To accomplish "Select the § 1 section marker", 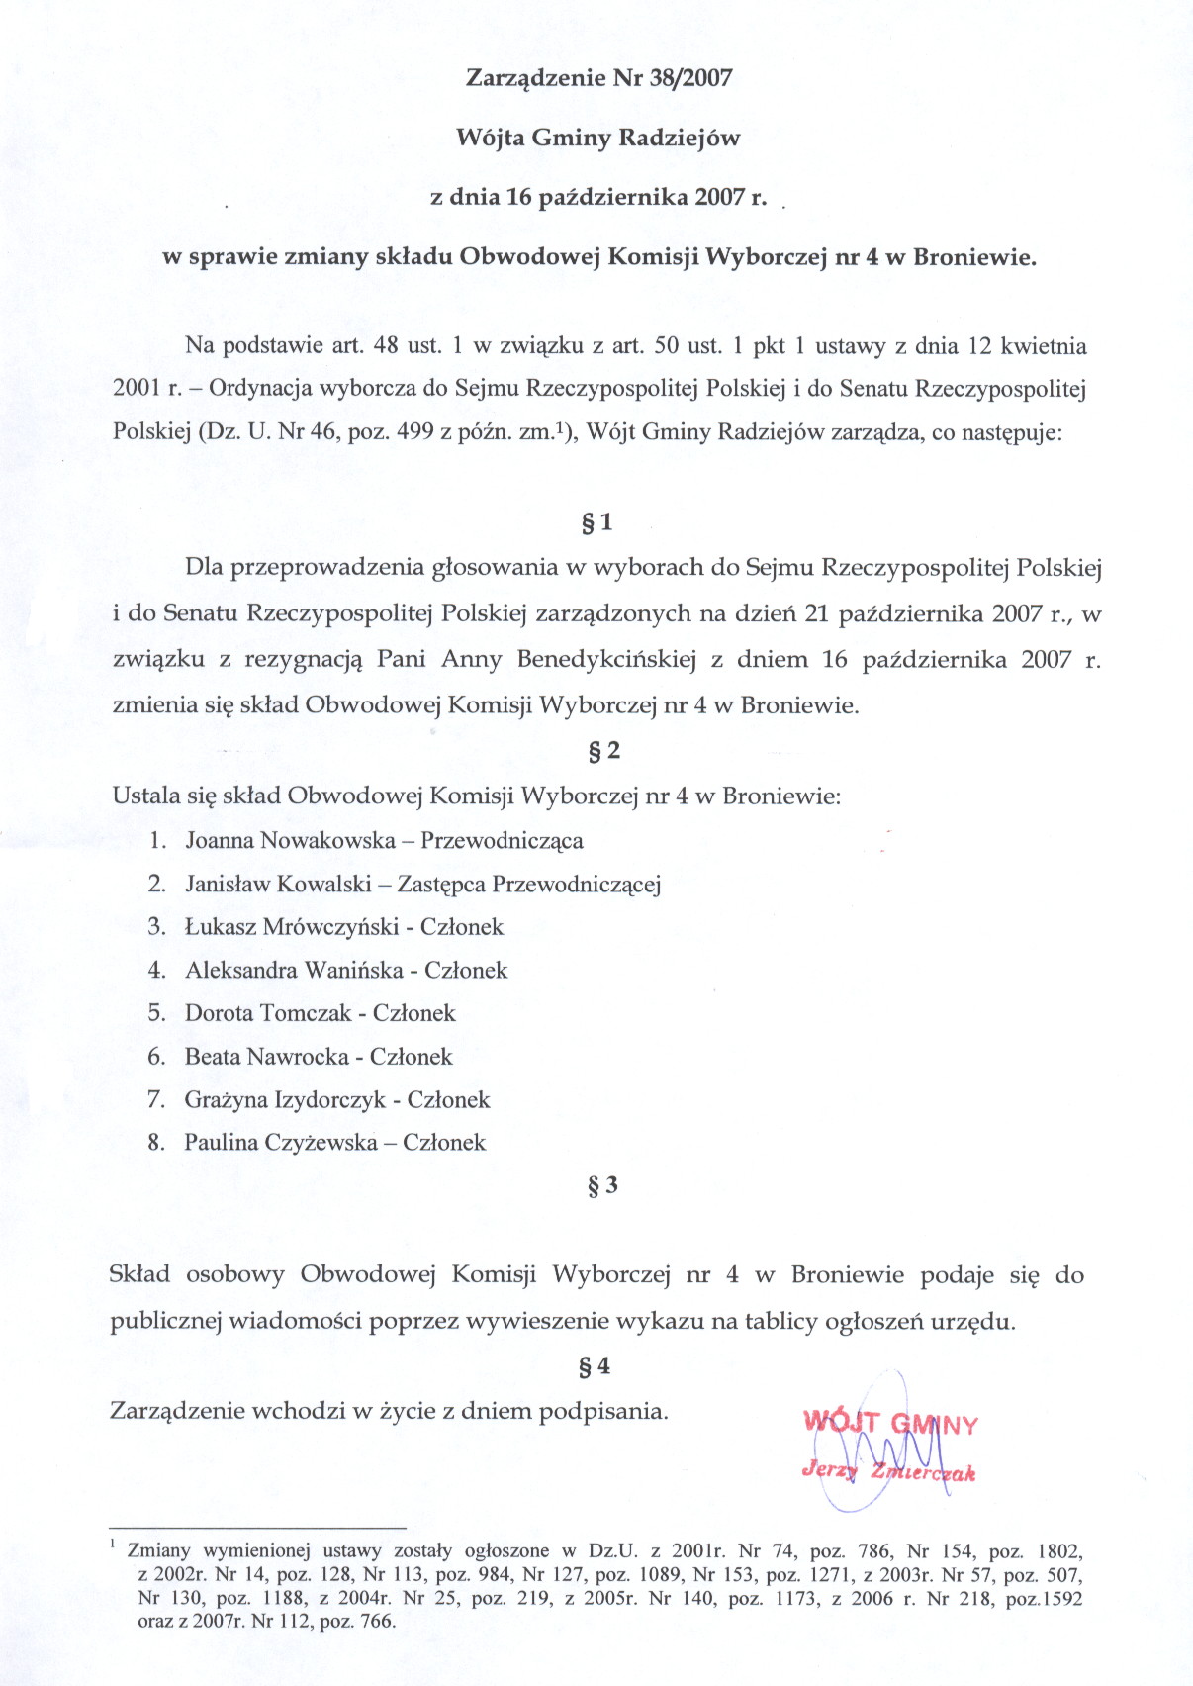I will (597, 522).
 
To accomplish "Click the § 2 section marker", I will (604, 751).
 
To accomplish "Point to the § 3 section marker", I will (602, 1185).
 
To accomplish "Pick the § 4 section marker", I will (595, 1366).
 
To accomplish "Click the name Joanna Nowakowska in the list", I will (290, 841).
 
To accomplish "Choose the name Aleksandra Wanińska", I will (294, 971).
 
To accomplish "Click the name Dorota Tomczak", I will (268, 1013).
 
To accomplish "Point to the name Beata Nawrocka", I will (266, 1057).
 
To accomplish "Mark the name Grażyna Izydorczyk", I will (285, 1100).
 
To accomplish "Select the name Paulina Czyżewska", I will (281, 1143).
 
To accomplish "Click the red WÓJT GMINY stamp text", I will (890, 1424).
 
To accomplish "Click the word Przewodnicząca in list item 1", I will (502, 841).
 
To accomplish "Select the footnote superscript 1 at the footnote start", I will (114, 1545).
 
